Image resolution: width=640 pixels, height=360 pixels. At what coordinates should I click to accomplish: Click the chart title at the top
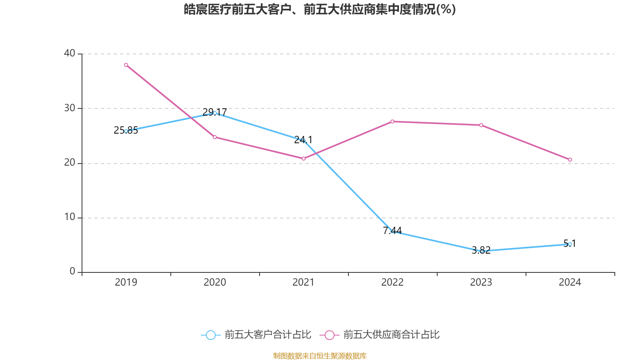point(320,10)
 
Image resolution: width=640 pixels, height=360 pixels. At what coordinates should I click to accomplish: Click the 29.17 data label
point(214,112)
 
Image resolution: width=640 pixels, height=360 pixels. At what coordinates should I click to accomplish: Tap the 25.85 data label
point(126,130)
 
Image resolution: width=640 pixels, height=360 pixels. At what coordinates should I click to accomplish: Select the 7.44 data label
point(392,230)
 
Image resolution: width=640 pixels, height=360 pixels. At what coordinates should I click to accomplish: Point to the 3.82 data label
point(481,250)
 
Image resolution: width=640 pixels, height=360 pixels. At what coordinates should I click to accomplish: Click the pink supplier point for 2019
point(126,65)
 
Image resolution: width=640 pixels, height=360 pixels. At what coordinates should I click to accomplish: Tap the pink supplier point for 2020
point(215,138)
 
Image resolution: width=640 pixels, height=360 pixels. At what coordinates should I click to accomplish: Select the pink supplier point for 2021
point(304,158)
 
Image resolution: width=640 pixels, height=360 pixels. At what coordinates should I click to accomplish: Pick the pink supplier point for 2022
point(392,122)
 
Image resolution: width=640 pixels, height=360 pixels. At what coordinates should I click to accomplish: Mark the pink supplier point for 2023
point(481,125)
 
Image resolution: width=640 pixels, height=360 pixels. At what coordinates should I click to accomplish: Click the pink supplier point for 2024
point(570,160)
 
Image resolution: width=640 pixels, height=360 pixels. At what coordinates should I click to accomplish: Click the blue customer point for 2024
point(570,244)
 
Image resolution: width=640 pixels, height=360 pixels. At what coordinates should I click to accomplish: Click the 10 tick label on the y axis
point(70,217)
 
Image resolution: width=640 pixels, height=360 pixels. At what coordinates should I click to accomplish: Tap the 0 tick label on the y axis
point(72,272)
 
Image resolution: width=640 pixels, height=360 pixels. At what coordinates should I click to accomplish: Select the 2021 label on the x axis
point(304,282)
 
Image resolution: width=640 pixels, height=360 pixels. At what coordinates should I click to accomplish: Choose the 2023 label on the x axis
point(481,282)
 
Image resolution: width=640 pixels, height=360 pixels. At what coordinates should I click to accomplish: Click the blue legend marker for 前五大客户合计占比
point(211,335)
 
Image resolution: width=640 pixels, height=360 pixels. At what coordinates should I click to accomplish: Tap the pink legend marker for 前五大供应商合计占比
point(330,335)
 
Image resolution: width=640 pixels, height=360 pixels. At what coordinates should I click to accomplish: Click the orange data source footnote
point(320,356)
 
